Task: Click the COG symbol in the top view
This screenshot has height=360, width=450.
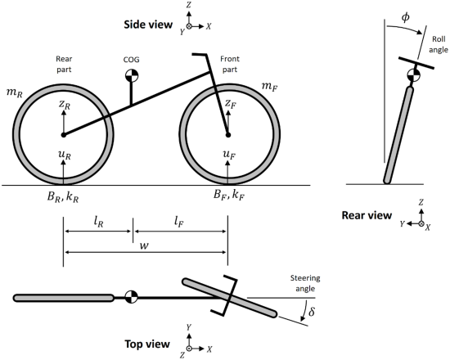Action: point(129,297)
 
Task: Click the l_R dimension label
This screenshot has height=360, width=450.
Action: point(97,221)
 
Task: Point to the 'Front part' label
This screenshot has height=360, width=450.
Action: point(231,65)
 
